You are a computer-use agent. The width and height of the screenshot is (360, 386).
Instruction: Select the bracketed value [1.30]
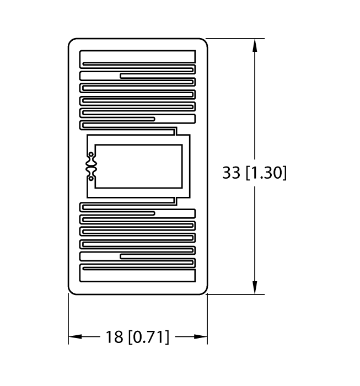click(265, 173)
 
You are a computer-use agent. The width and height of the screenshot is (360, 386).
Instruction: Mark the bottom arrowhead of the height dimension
click(255, 288)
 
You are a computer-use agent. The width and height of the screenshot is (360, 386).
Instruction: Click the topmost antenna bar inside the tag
click(137, 57)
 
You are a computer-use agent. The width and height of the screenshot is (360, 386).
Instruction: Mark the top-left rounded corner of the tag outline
click(72, 41)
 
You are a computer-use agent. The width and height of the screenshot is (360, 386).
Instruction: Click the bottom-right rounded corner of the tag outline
click(204, 291)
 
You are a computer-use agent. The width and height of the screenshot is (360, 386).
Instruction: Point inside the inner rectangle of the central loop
click(138, 166)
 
